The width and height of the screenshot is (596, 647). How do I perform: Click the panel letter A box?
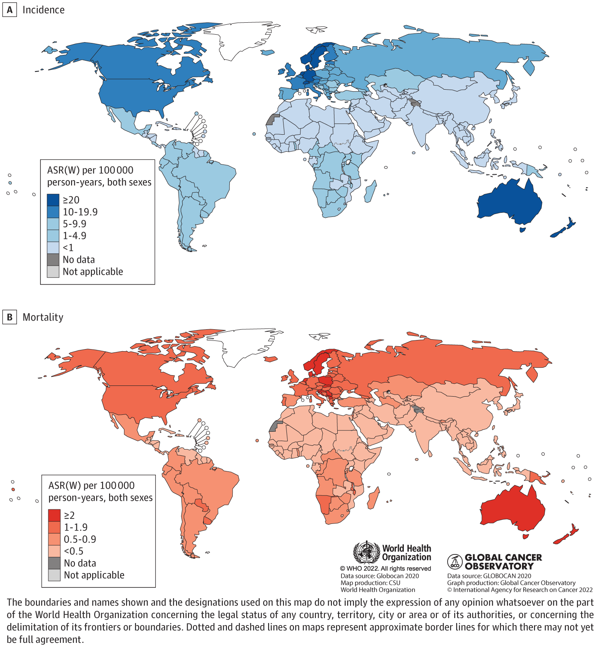[x=10, y=10]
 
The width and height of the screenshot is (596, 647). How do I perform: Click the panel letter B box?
[x=10, y=317]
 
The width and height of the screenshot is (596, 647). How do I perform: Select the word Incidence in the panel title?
[x=43, y=10]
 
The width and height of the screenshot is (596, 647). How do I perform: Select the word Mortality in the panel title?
[x=43, y=317]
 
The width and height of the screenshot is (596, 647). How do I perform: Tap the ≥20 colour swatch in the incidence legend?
[x=53, y=200]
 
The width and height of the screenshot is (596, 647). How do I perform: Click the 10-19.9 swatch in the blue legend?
[x=53, y=212]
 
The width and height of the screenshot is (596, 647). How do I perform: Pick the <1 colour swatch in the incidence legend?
[x=53, y=247]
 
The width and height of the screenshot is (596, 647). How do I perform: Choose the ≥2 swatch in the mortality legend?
[x=54, y=515]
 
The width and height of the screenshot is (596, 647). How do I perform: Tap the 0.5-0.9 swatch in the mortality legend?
[x=54, y=539]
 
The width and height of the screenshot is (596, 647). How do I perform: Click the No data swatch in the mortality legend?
[x=54, y=563]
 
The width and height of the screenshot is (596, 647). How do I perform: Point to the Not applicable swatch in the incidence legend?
[x=53, y=271]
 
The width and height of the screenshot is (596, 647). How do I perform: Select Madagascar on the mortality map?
[x=373, y=498]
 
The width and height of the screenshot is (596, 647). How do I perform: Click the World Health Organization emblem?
[x=366, y=552]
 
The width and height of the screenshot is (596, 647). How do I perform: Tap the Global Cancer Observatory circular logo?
[x=455, y=561]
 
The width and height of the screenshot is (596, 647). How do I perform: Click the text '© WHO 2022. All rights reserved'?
[x=385, y=569]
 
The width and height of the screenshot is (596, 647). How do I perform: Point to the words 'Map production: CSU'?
[x=370, y=583]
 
